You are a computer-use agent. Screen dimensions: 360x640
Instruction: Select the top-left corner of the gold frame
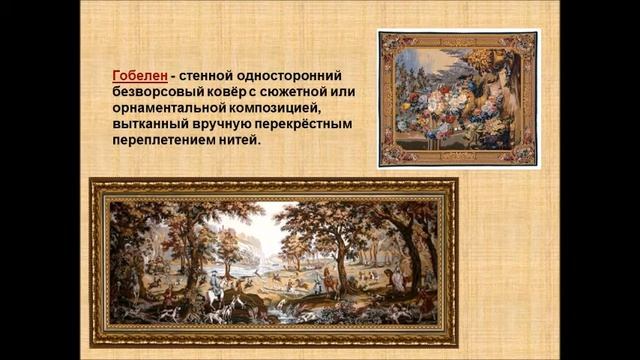[93, 183]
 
